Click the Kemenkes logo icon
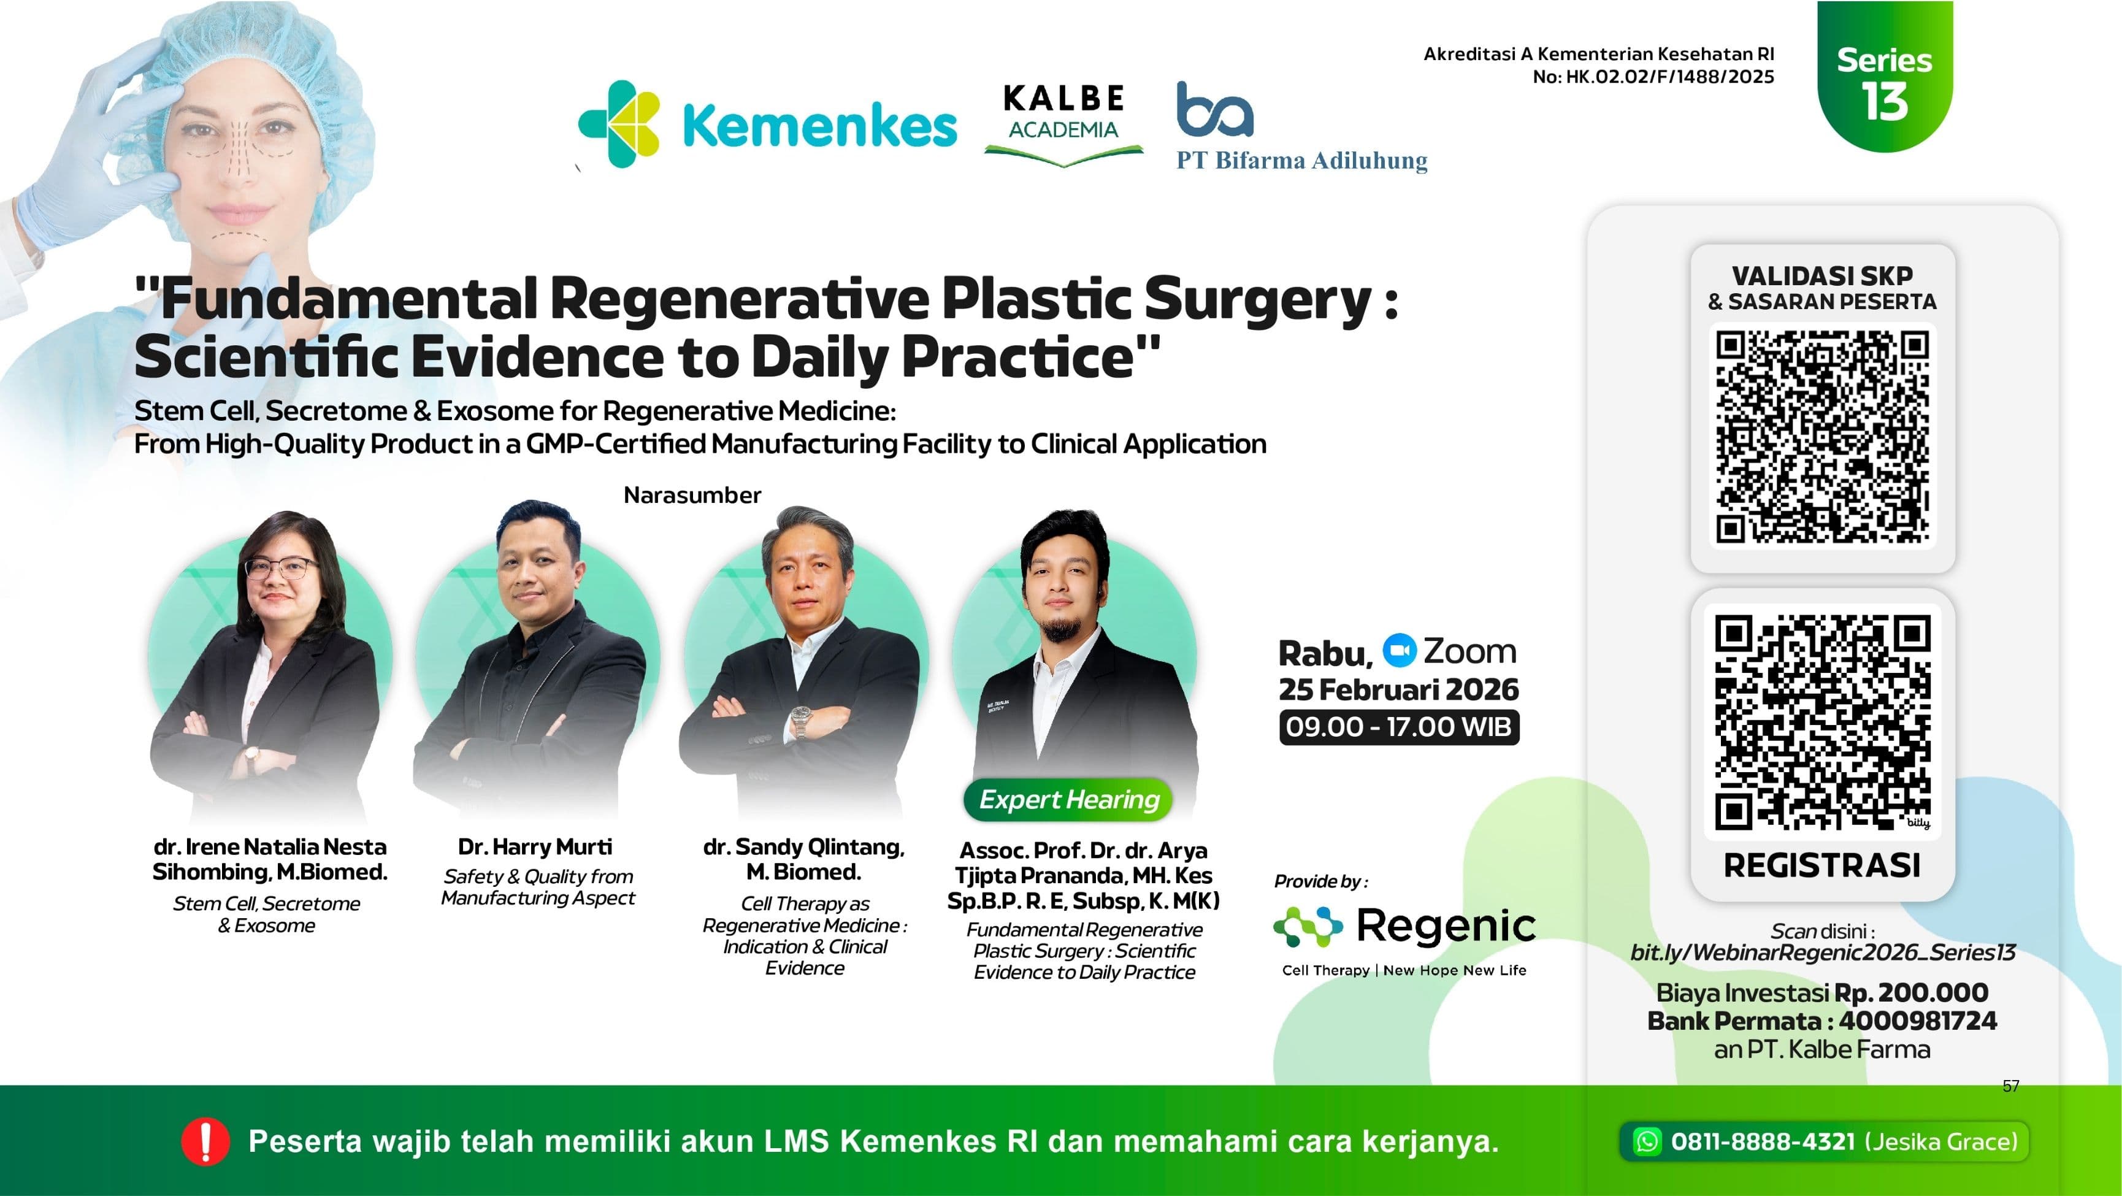(x=619, y=125)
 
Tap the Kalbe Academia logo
(x=1063, y=123)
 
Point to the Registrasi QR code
(x=1822, y=723)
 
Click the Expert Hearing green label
(x=1068, y=799)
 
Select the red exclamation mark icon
(x=204, y=1141)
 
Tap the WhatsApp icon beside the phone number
(x=1647, y=1141)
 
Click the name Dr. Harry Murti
(x=535, y=847)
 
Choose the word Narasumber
(x=692, y=495)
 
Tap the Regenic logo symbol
(x=1308, y=926)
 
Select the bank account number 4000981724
(x=1918, y=1021)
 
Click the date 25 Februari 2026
(x=1398, y=689)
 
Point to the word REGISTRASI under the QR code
(x=1822, y=865)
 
